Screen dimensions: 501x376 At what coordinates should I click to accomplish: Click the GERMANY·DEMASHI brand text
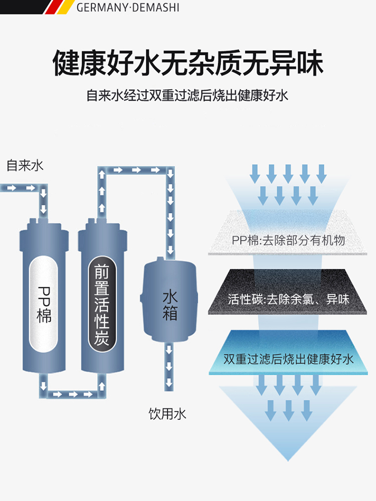pyautogui.click(x=127, y=8)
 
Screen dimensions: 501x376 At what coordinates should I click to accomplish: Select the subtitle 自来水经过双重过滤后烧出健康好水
pyautogui.click(x=187, y=95)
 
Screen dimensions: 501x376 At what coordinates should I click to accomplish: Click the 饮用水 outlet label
pyautogui.click(x=167, y=414)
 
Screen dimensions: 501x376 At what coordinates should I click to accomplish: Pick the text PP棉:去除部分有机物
pyautogui.click(x=288, y=240)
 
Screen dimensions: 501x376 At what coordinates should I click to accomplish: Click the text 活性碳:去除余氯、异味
pyautogui.click(x=288, y=299)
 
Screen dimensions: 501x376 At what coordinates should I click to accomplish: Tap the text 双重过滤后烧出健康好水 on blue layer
pyautogui.click(x=288, y=359)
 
